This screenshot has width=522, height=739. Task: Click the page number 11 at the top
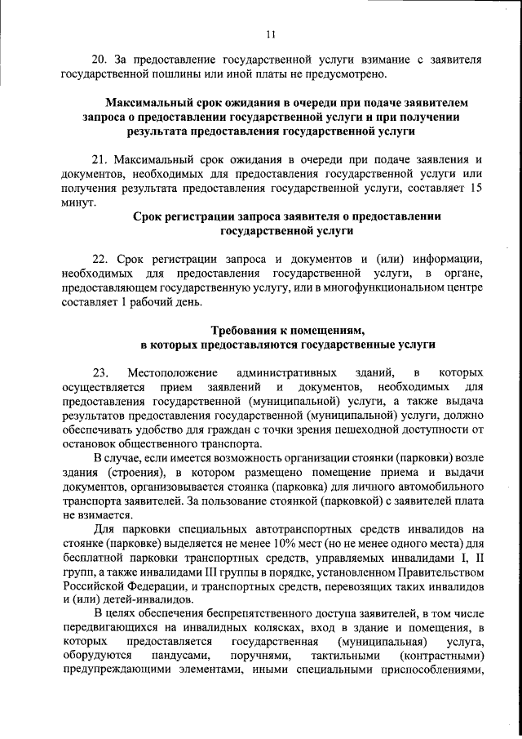(271, 33)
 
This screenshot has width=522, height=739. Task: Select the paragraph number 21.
(101, 159)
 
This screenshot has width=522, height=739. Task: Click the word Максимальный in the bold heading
(151, 103)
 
